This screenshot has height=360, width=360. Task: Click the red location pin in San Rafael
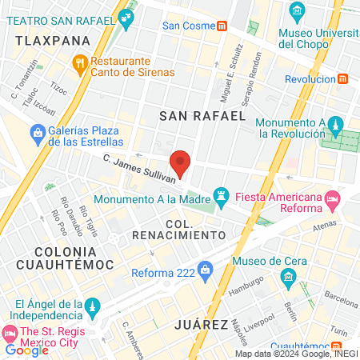pyautogui.click(x=182, y=162)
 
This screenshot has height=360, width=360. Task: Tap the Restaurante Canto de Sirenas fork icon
pyautogui.click(x=79, y=62)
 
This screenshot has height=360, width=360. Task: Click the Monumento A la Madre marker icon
pyautogui.click(x=221, y=194)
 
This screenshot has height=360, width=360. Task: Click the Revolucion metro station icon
pyautogui.click(x=343, y=78)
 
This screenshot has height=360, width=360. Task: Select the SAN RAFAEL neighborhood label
pyautogui.click(x=202, y=116)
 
